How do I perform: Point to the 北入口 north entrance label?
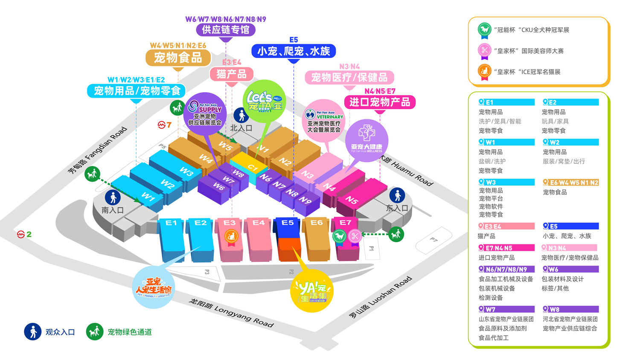tap(241, 128)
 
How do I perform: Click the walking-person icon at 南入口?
tap(113, 197)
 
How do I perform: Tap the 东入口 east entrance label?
tap(397, 208)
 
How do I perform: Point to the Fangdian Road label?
tap(98, 150)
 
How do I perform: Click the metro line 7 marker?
tap(164, 125)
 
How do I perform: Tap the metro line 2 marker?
tap(24, 234)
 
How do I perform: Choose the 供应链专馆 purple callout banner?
tap(226, 30)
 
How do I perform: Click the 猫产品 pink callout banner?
tap(231, 74)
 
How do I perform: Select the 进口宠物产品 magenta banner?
tap(379, 102)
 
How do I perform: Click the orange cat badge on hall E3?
tap(231, 236)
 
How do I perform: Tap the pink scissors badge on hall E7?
tap(354, 236)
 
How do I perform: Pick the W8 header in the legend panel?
tap(570, 309)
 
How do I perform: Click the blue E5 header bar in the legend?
tap(570, 226)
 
